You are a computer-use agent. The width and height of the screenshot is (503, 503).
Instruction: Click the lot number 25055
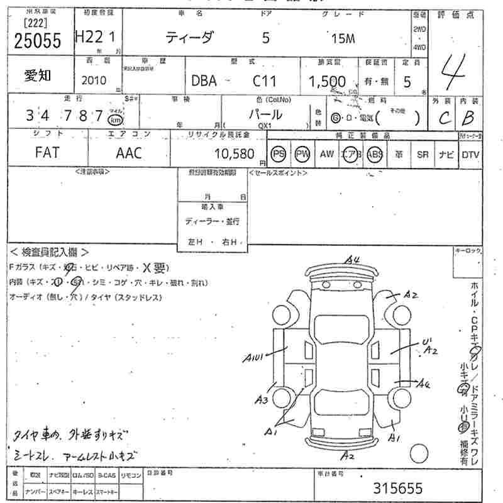pyautogui.click(x=38, y=40)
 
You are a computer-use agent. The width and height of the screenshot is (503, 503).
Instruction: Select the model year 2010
pyautogui.click(x=94, y=80)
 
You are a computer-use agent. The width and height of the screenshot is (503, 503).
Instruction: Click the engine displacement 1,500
pyautogui.click(x=326, y=81)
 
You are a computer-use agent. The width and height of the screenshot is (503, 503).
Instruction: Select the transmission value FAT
pyautogui.click(x=47, y=153)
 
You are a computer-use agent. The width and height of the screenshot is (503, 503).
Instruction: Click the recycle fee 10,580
pyautogui.click(x=234, y=153)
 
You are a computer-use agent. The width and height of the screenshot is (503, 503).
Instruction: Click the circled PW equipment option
pyautogui.click(x=302, y=153)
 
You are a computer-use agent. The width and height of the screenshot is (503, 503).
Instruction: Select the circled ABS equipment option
pyautogui.click(x=375, y=153)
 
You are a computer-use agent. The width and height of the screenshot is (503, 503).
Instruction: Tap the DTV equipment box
pyautogui.click(x=470, y=153)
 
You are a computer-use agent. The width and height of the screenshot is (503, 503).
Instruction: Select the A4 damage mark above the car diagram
pyautogui.click(x=351, y=259)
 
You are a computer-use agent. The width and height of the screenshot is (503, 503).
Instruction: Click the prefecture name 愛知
pyautogui.click(x=38, y=75)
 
